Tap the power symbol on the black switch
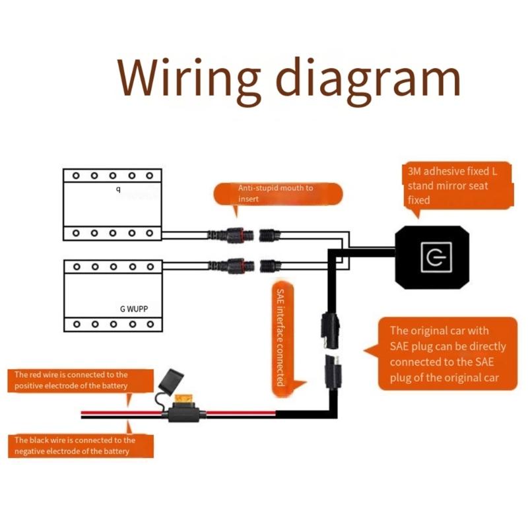pos(433,257)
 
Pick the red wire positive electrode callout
pos(71,380)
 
